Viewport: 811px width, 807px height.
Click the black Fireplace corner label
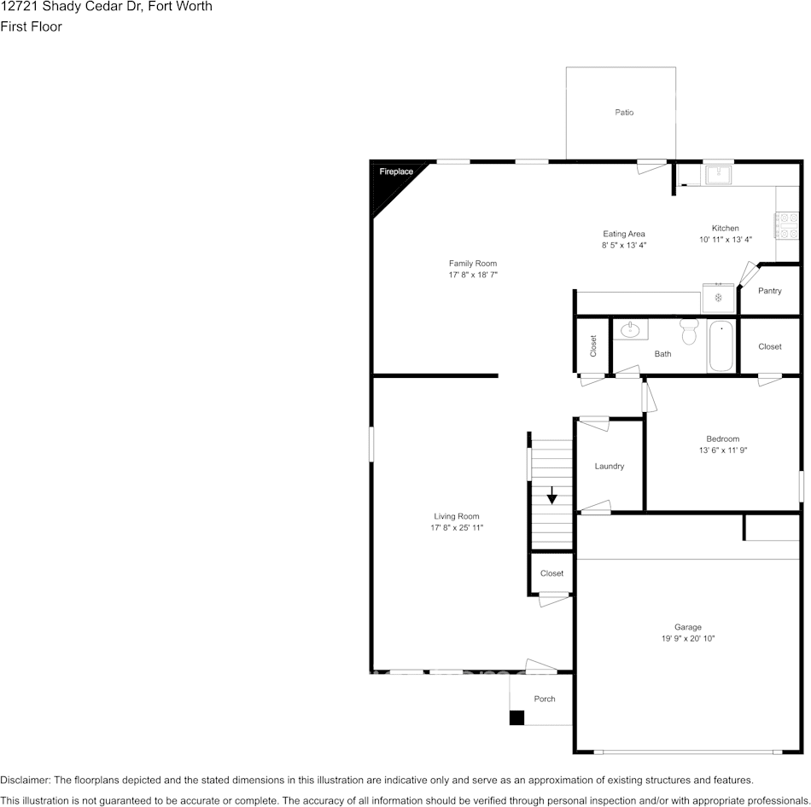click(x=395, y=172)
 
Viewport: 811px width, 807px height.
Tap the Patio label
click(x=624, y=113)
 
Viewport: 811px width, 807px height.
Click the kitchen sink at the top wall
click(x=717, y=175)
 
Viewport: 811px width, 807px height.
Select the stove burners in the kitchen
click(x=785, y=225)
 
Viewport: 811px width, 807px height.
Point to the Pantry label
click(x=769, y=291)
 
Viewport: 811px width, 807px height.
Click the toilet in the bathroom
click(x=689, y=331)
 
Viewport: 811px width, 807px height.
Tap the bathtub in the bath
click(x=721, y=345)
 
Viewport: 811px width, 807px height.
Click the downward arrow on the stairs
click(x=552, y=495)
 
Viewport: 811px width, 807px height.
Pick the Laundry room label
click(x=610, y=466)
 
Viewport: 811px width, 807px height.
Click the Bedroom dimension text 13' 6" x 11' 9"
click(x=722, y=450)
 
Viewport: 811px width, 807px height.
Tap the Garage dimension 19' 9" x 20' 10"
click(x=687, y=638)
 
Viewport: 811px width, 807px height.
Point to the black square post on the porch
click(x=516, y=717)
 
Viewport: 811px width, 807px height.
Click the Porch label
click(x=545, y=699)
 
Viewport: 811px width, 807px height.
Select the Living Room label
click(x=457, y=516)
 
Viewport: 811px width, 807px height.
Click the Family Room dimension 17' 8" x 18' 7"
click(x=473, y=276)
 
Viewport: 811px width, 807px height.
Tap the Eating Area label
click(x=624, y=234)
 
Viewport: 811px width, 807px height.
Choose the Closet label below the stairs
click(x=551, y=573)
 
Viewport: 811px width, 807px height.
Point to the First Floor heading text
click(x=31, y=26)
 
